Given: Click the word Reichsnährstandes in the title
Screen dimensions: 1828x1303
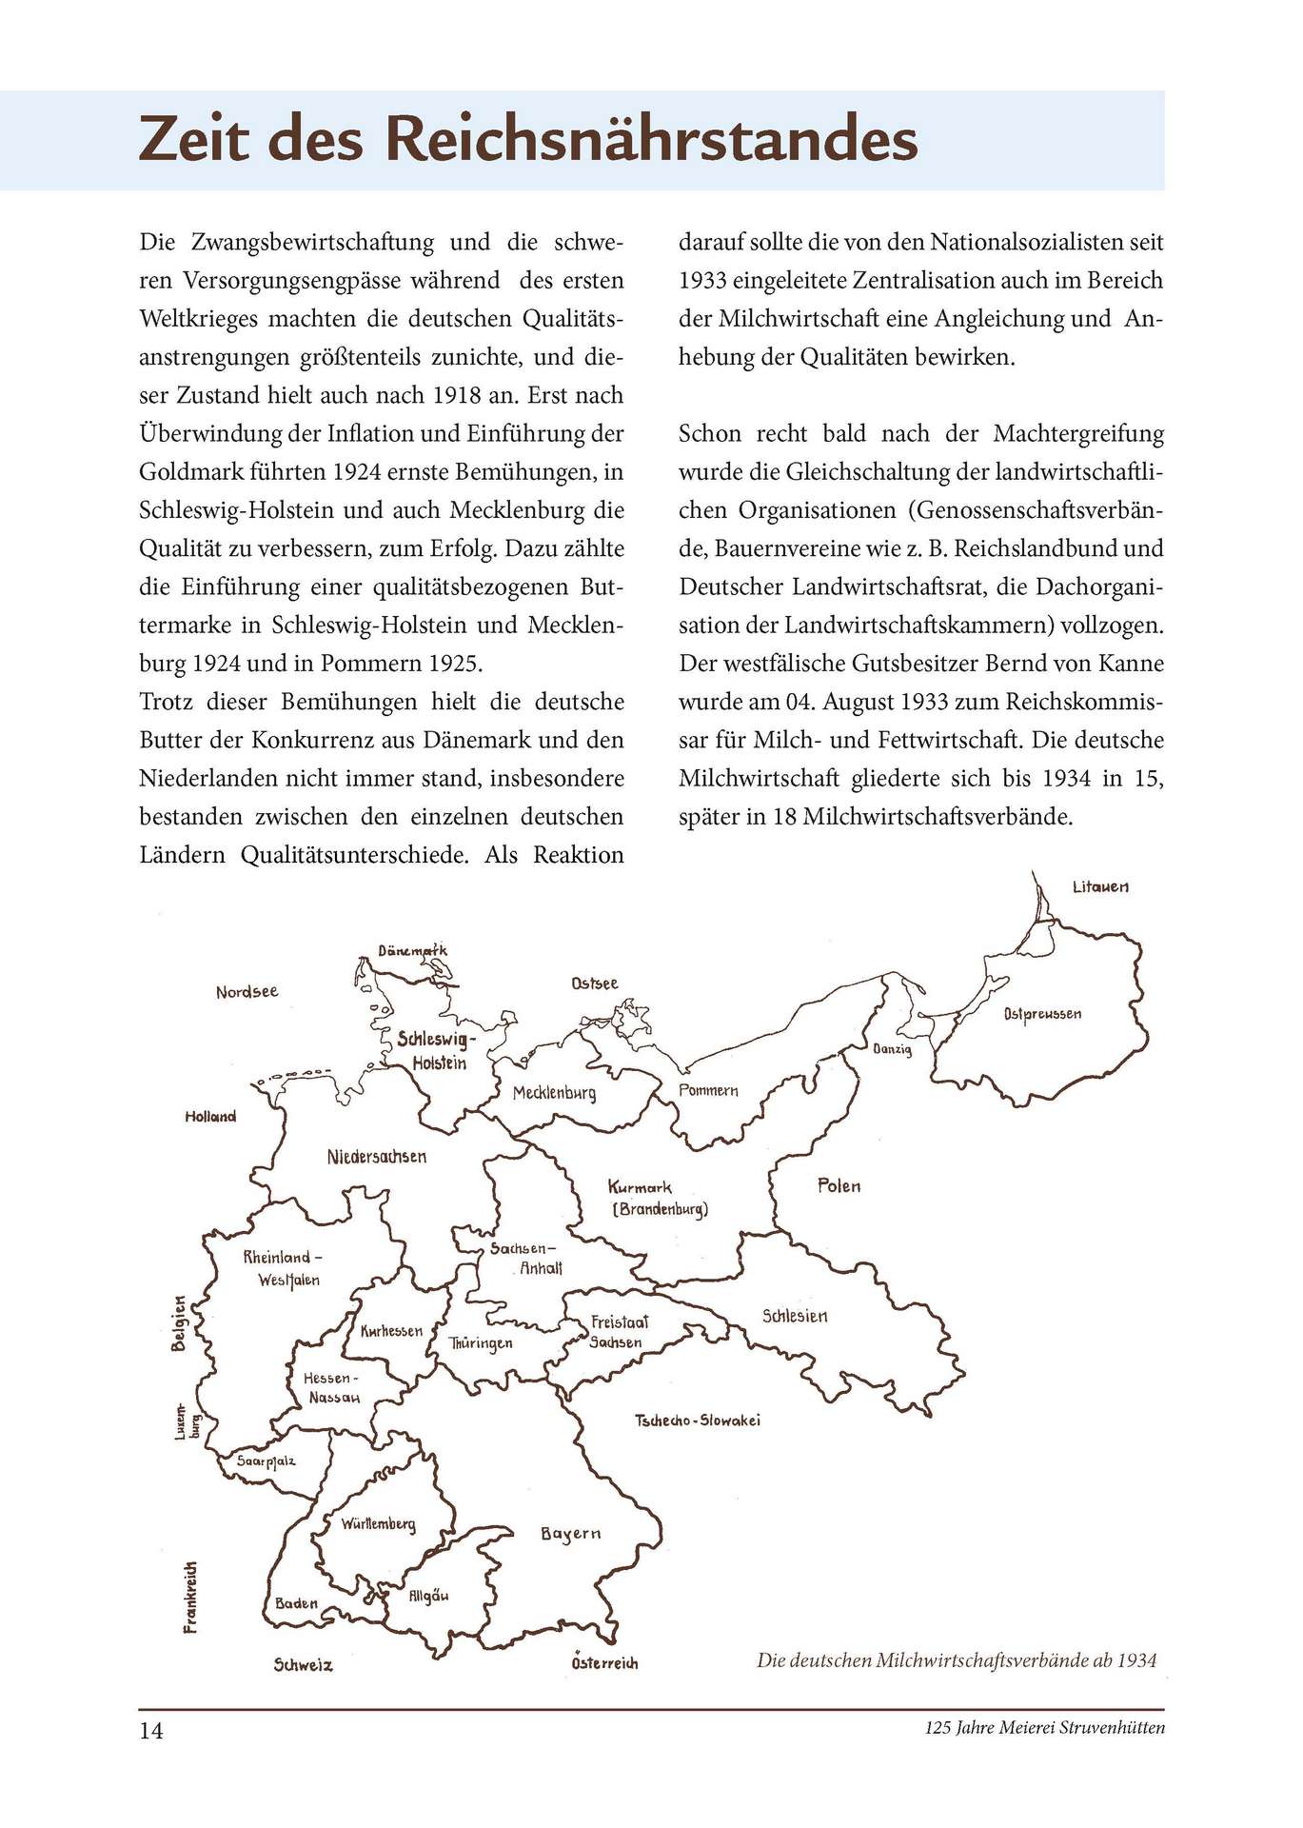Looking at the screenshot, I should (x=651, y=139).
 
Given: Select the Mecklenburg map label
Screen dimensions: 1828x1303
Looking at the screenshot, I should (x=554, y=1092).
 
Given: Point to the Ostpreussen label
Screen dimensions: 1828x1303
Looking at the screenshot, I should (x=1042, y=1014).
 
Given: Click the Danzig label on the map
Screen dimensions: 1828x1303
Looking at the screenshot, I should (x=892, y=1049).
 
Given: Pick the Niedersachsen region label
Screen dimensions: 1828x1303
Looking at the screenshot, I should (x=376, y=1157).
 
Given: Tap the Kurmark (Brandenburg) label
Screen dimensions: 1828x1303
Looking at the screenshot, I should (x=658, y=1199).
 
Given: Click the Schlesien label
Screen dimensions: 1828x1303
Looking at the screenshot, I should (x=795, y=1316).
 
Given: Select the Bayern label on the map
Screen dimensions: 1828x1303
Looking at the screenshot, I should (x=571, y=1534).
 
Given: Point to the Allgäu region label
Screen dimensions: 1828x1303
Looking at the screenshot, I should (x=428, y=1596).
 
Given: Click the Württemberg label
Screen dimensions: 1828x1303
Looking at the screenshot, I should (x=379, y=1524).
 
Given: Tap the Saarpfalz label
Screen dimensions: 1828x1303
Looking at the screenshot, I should (x=267, y=1460).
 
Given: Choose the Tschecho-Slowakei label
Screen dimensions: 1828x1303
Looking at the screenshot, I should (x=698, y=1421).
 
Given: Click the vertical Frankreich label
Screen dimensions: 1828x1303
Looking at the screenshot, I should (x=191, y=1597).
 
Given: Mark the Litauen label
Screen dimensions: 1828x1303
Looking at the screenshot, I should (x=1100, y=886).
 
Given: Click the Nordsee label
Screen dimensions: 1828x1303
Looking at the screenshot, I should (x=247, y=991).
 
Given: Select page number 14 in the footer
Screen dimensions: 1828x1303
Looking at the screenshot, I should (x=151, y=1730).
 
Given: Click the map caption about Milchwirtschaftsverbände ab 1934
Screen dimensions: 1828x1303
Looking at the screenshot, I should (x=956, y=1660).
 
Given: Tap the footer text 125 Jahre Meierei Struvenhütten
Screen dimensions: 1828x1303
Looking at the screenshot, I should (x=1044, y=1728).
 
